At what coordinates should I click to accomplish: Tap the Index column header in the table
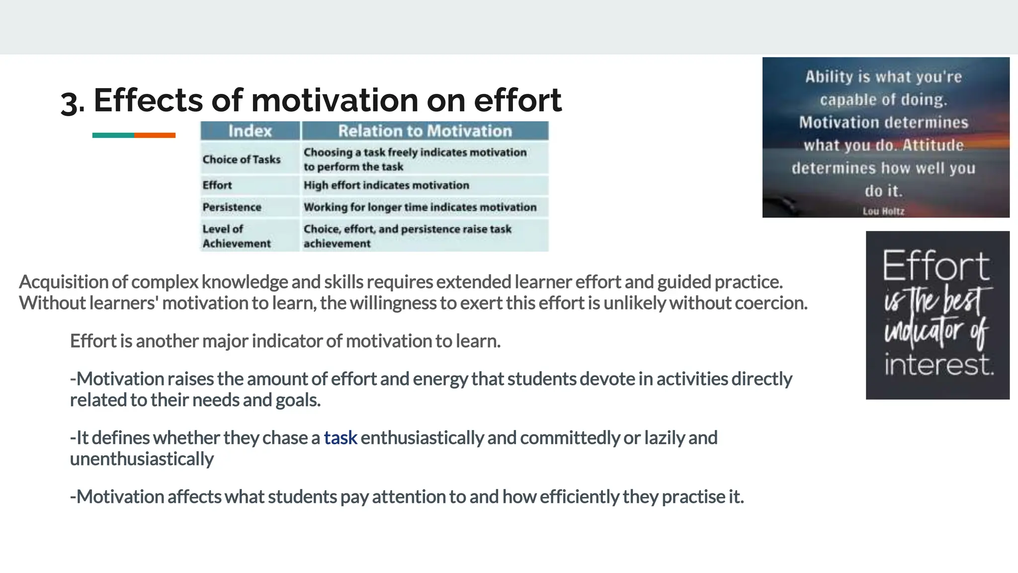tap(250, 131)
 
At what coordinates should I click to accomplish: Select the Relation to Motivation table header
tap(425, 131)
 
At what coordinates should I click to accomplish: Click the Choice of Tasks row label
tap(242, 159)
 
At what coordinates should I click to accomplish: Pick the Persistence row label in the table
tap(232, 207)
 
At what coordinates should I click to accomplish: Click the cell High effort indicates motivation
tap(386, 185)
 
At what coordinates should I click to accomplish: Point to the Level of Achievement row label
tap(236, 236)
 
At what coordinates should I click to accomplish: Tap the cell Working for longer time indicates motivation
tap(420, 207)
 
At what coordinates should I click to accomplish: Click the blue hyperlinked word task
tap(340, 438)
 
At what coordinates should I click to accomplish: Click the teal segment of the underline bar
tap(113, 135)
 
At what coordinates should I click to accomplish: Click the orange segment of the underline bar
tap(155, 135)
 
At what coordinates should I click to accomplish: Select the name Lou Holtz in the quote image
tap(883, 211)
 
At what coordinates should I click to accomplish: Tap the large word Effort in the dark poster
tap(936, 266)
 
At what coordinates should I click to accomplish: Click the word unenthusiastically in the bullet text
tap(142, 459)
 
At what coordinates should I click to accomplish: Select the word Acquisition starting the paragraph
tap(63, 282)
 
